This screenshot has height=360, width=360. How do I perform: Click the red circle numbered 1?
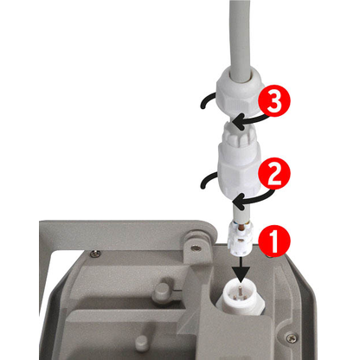point(273,241)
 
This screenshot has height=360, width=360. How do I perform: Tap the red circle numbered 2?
point(273,173)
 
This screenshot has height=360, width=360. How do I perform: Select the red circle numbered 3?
point(274,100)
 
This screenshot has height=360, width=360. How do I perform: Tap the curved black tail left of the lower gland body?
point(208,181)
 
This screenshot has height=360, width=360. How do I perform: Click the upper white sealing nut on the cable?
point(240,93)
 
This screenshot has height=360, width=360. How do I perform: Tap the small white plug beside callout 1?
point(241,238)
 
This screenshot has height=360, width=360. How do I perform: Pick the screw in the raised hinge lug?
point(196,247)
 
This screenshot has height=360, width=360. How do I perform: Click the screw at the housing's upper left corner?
point(95,254)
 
